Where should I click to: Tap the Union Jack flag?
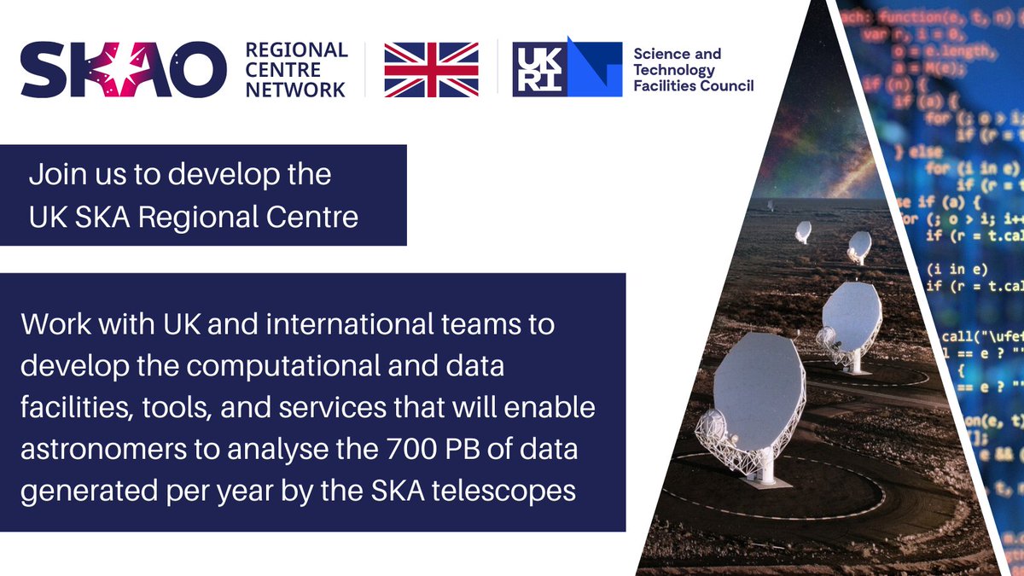tap(430, 68)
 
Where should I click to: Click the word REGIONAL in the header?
tap(296, 50)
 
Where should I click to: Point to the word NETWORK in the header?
tap(295, 89)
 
